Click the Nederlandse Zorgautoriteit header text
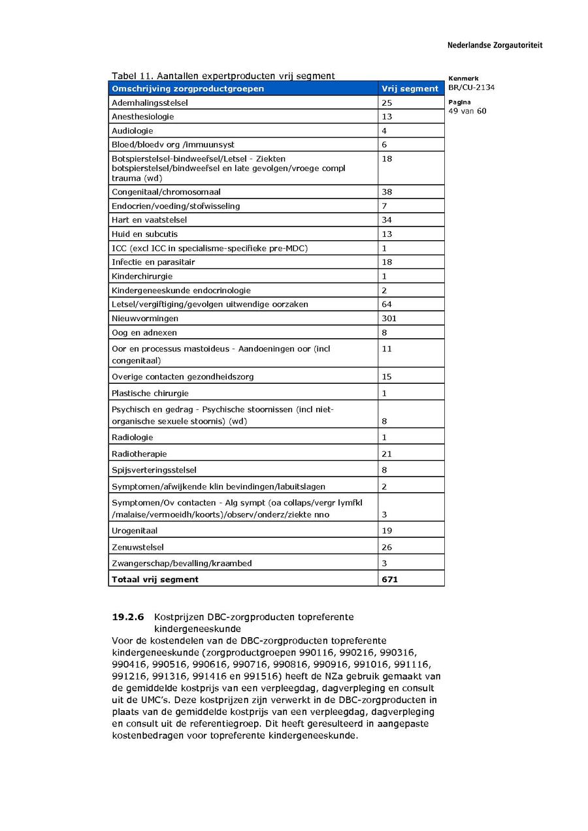coord(495,46)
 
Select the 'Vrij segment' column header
coord(410,89)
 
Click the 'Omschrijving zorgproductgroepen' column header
coord(188,89)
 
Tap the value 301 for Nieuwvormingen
coord(389,319)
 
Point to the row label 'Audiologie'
coord(133,131)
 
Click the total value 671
coord(389,579)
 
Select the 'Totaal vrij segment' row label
coord(155,579)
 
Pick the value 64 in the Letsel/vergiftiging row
coord(387,304)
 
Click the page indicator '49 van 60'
coord(467,111)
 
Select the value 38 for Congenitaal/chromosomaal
coord(387,192)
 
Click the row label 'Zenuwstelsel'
coord(138,547)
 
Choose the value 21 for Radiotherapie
coord(387,454)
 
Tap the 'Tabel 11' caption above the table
coord(222,76)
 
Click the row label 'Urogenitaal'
coord(135,531)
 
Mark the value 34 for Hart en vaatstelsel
coord(387,220)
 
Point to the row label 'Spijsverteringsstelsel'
coord(154,470)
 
